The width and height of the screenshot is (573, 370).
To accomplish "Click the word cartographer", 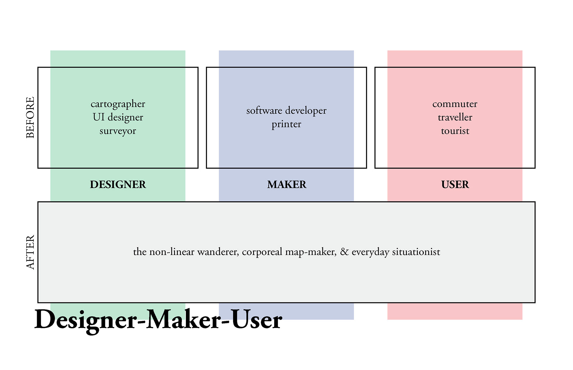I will click(x=118, y=104).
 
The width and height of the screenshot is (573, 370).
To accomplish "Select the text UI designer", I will click(x=118, y=117).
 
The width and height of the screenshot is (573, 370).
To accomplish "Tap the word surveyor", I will click(x=118, y=131).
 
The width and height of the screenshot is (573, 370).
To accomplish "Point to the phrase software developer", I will click(x=286, y=111).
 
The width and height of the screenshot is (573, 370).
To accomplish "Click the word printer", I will click(x=286, y=124).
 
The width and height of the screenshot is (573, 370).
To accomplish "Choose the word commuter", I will click(x=455, y=104).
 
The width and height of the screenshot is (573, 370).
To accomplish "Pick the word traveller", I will click(x=455, y=117).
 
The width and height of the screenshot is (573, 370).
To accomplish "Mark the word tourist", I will click(x=455, y=131).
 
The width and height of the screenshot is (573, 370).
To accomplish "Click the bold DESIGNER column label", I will click(x=118, y=184).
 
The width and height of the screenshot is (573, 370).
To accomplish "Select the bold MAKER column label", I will click(x=286, y=184).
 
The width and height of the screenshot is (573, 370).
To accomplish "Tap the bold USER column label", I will click(x=455, y=184).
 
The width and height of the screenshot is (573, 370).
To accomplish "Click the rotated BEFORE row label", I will click(x=30, y=117).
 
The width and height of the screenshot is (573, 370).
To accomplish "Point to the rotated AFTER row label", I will click(x=30, y=252).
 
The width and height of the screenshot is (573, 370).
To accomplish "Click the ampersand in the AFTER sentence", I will click(x=344, y=252).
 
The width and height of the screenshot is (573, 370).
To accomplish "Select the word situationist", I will click(x=416, y=252).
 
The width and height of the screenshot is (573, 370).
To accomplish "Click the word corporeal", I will click(x=262, y=252).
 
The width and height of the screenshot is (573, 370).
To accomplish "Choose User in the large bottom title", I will click(x=256, y=319).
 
